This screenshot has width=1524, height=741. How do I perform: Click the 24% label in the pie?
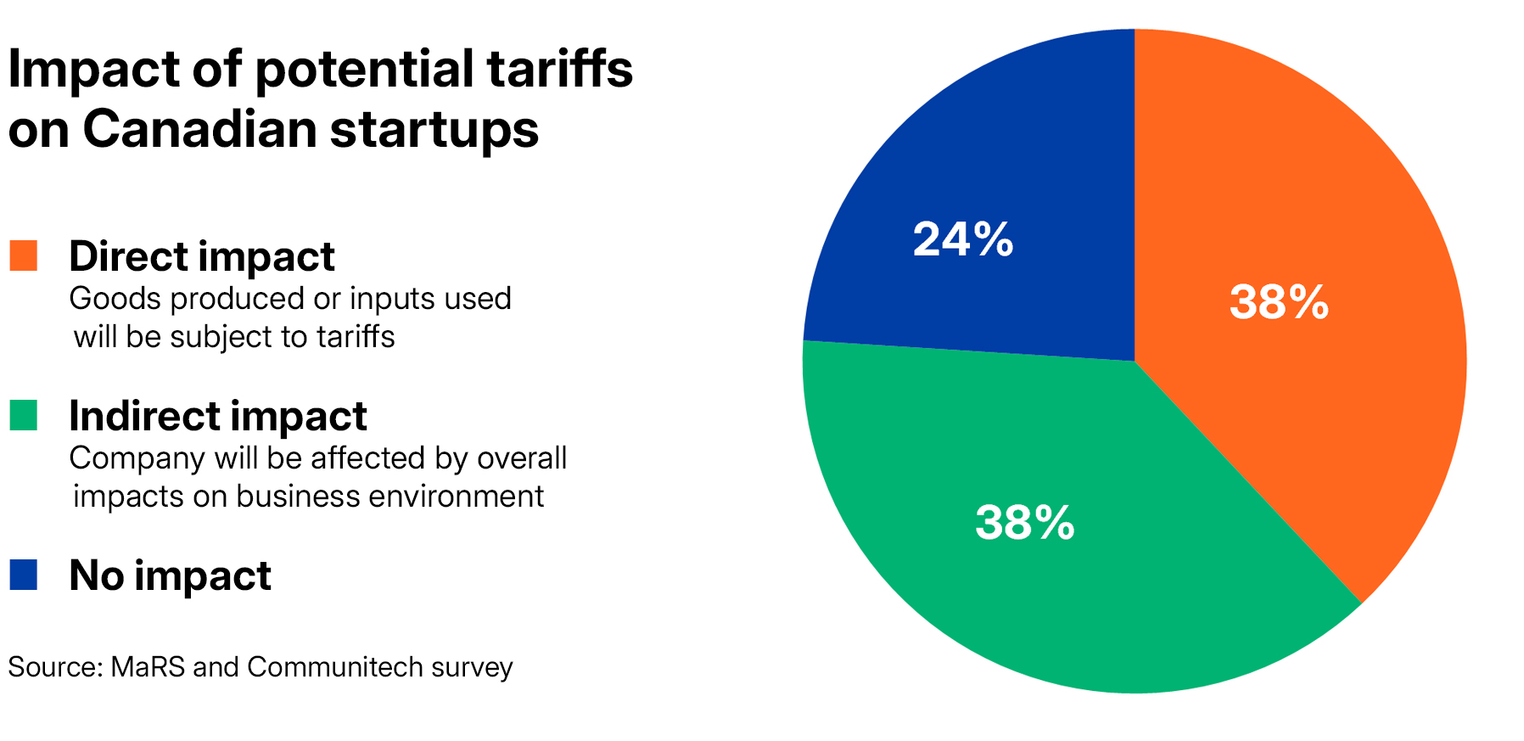tap(963, 239)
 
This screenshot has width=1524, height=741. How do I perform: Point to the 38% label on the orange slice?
tap(1279, 302)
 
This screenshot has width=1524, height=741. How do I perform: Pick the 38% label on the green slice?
tap(1024, 523)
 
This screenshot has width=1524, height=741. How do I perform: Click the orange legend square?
tap(23, 256)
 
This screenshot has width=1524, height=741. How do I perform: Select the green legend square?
tap(23, 416)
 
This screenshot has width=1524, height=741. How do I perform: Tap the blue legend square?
tap(23, 575)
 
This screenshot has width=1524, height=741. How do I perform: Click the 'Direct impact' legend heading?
tap(202, 256)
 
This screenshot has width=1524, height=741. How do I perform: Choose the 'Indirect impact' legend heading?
tap(218, 416)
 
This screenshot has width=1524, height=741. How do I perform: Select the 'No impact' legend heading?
tap(170, 575)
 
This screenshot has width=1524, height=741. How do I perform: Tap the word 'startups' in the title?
tap(434, 131)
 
